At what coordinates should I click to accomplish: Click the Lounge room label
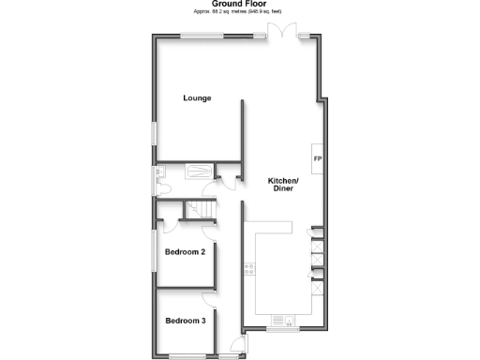(x=197, y=98)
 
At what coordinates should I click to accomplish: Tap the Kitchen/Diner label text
(x=283, y=185)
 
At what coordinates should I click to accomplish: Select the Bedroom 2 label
(x=185, y=251)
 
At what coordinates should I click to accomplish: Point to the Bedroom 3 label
(x=185, y=321)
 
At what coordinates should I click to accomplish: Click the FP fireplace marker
(x=317, y=158)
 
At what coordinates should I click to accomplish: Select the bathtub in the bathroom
(x=199, y=172)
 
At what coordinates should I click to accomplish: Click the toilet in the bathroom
(x=162, y=186)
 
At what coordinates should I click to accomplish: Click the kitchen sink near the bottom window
(x=283, y=322)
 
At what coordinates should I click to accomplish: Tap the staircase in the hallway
(x=196, y=210)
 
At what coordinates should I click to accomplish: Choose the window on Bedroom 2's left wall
(x=155, y=252)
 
